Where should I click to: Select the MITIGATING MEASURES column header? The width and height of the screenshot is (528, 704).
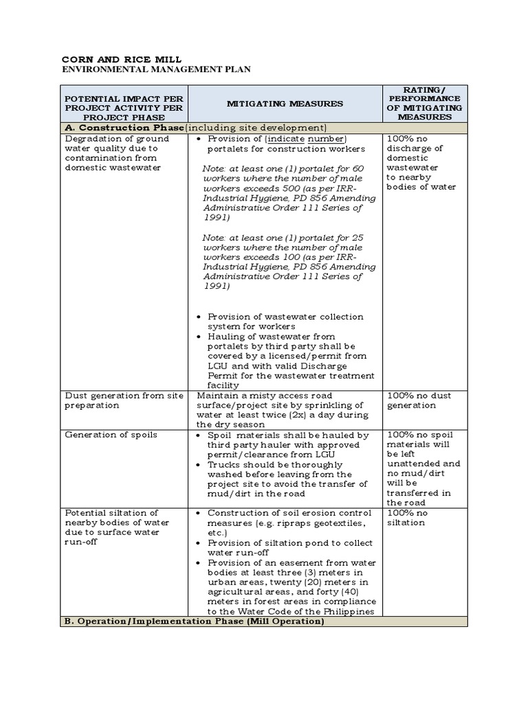285,103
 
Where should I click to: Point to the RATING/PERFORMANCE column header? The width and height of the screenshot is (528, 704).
424,103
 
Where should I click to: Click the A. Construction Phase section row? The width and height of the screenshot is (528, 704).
195,128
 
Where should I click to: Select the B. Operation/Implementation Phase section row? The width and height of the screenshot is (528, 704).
193,621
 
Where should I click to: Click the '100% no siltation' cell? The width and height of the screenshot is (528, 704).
407,518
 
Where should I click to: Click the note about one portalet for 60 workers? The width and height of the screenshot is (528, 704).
289,192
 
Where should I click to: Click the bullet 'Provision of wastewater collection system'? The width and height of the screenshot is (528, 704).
285,321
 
